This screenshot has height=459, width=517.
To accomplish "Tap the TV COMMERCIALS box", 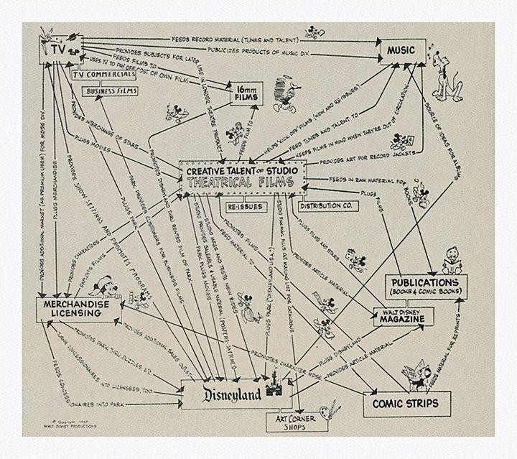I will point(105,75).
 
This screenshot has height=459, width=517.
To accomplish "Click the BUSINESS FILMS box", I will point(113,91).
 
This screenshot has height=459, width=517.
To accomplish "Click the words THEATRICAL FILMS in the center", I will point(243,182).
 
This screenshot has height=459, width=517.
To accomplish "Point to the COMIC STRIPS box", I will point(405,403).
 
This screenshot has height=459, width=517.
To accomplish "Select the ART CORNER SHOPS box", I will point(293,422).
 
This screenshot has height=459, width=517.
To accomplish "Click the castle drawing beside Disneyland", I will point(274,388).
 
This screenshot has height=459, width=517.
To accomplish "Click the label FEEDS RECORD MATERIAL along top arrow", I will point(215,36).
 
